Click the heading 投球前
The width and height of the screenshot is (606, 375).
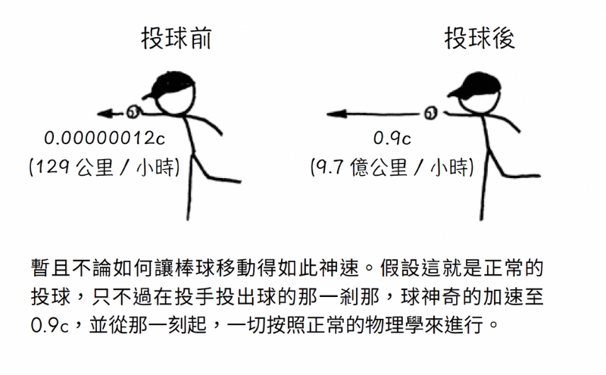[x=176, y=39]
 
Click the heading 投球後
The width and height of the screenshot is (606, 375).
[x=479, y=39]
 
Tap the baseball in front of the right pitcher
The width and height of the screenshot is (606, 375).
[x=430, y=114]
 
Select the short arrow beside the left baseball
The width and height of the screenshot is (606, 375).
[x=111, y=114]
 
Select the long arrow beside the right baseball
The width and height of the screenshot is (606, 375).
[x=373, y=114]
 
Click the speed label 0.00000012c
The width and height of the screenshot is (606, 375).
[x=105, y=138]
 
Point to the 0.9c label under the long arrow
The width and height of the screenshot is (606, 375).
[x=392, y=138]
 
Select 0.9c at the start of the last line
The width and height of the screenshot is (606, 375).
[x=49, y=325]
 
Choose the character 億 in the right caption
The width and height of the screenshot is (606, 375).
[x=359, y=167]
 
